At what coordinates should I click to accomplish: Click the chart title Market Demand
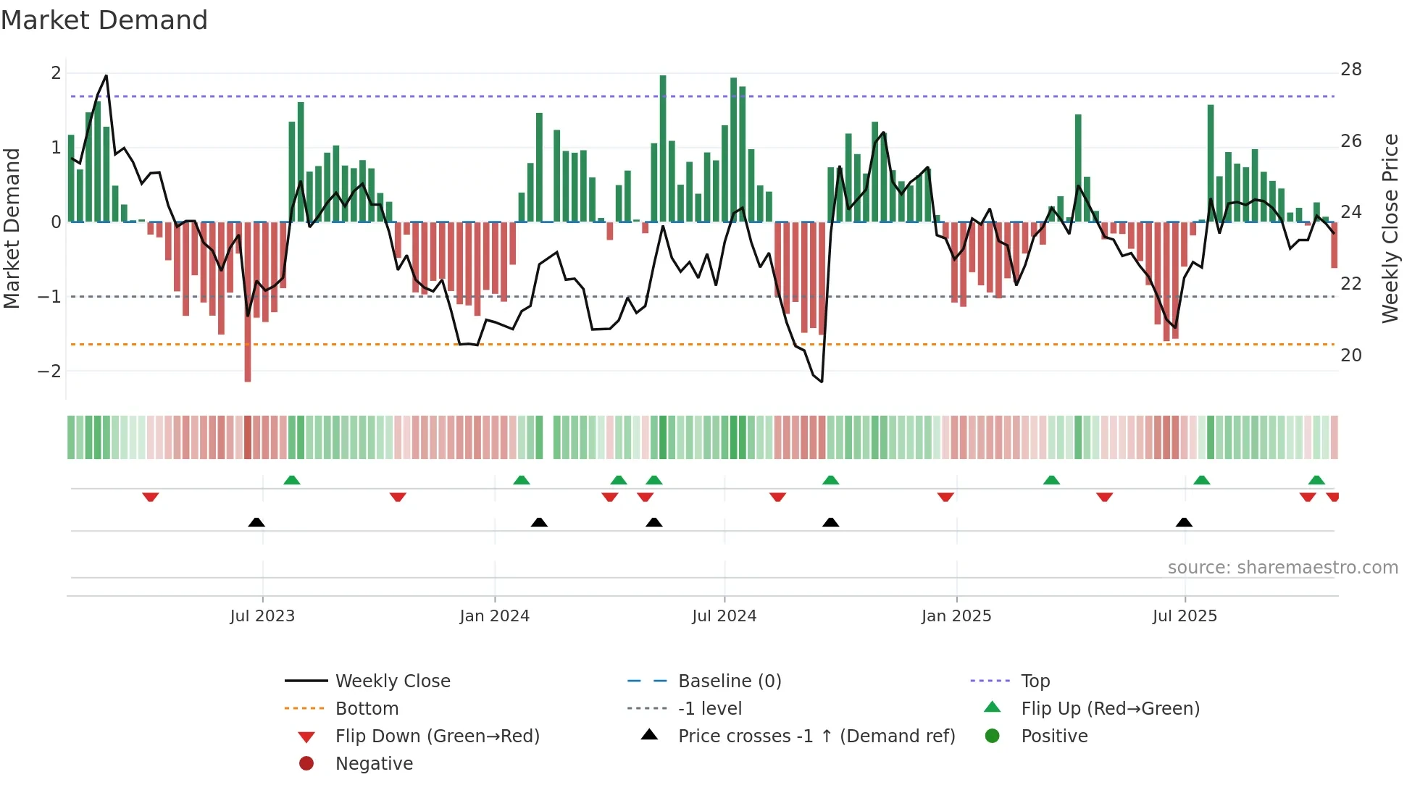[x=104, y=20]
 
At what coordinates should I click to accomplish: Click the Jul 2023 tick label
[x=262, y=616]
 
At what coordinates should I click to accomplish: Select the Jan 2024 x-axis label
[x=494, y=616]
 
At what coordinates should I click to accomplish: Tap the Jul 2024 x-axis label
[x=724, y=616]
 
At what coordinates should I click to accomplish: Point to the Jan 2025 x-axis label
[x=956, y=616]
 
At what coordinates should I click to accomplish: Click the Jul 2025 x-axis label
[x=1185, y=616]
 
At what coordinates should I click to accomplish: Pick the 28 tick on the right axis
[x=1350, y=70]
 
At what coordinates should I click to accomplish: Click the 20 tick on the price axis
[x=1350, y=356]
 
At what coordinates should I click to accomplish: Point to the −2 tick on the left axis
[x=49, y=371]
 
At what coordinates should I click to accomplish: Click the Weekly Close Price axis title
[x=1390, y=228]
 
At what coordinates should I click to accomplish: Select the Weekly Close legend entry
[x=392, y=681]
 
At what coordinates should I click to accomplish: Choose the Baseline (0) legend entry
[x=729, y=681]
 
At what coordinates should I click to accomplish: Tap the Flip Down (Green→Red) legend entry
[x=437, y=736]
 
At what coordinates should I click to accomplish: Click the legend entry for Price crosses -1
[x=816, y=736]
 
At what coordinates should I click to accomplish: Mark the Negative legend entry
[x=374, y=764]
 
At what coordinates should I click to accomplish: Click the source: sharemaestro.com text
[x=1282, y=568]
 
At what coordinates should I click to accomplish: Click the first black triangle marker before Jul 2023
[x=256, y=522]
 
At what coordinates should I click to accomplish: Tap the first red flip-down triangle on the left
[x=151, y=497]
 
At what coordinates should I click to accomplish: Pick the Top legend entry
[x=1035, y=681]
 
